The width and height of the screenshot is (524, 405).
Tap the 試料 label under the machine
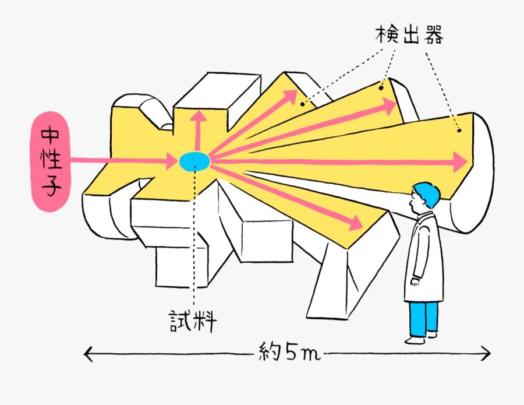193,321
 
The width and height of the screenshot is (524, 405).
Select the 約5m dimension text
289,353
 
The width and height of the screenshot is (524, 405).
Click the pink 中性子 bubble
49,161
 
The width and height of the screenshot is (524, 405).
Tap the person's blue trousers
423,318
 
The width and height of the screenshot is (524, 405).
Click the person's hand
415,282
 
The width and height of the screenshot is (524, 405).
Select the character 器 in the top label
432,36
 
